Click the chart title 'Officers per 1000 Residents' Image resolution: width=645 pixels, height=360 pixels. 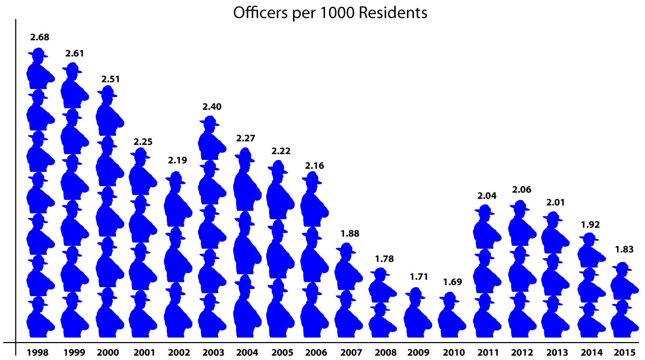click(x=330, y=13)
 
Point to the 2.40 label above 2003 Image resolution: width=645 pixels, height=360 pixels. click(x=211, y=106)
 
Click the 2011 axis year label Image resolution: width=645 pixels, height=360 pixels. click(x=485, y=352)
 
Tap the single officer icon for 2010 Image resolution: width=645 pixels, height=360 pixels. click(x=450, y=317)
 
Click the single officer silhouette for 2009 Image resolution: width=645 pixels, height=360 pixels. click(x=416, y=314)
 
